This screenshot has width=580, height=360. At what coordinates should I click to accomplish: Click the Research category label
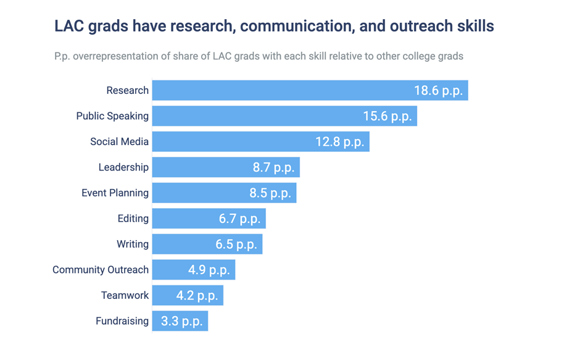[x=127, y=90]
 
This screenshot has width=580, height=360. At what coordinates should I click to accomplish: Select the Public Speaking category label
[x=112, y=116]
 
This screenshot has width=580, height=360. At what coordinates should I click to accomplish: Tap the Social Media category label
[x=119, y=141]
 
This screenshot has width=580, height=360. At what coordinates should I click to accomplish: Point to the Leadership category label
[x=123, y=167]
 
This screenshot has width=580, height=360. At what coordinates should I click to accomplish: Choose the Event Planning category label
[x=115, y=193]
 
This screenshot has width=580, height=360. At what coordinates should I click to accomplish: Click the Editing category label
[x=133, y=219]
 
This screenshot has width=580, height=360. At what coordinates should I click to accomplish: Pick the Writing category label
[x=133, y=244]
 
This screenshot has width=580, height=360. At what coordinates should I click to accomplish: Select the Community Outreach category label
[x=101, y=270]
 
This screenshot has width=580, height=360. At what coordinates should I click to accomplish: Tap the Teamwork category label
[x=125, y=295]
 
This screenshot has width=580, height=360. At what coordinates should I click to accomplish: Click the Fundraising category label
[x=122, y=321]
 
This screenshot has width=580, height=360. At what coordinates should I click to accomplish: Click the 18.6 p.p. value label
[x=438, y=91]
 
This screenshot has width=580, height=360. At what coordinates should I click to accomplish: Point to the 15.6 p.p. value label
[x=387, y=116]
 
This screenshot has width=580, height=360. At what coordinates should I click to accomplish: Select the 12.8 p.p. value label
[x=340, y=142]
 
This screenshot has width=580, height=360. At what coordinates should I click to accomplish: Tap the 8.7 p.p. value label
[x=273, y=167]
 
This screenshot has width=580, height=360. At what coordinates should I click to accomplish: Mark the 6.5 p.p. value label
[x=236, y=245]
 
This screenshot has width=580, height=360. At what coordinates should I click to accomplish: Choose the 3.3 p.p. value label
[x=181, y=322]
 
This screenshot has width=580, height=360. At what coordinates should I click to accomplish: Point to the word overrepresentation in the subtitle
[x=123, y=56]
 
